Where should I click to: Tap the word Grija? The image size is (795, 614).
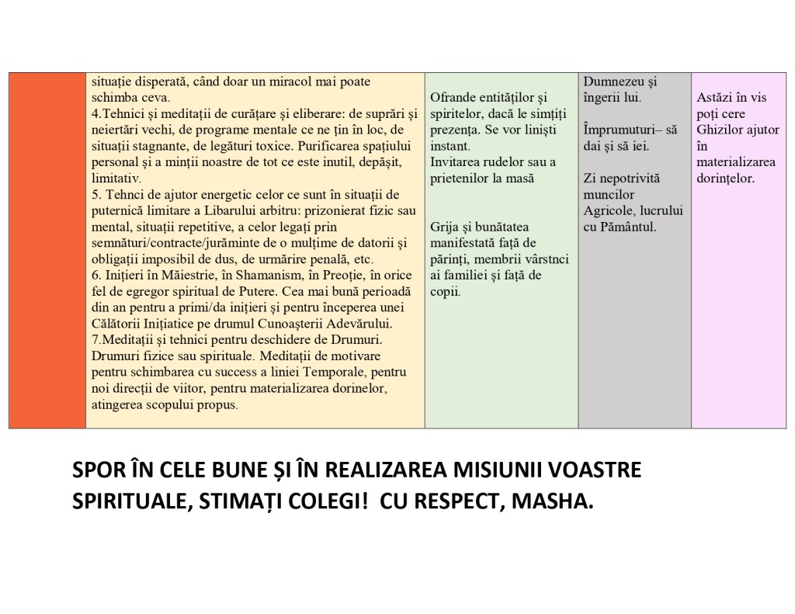point(446,227)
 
